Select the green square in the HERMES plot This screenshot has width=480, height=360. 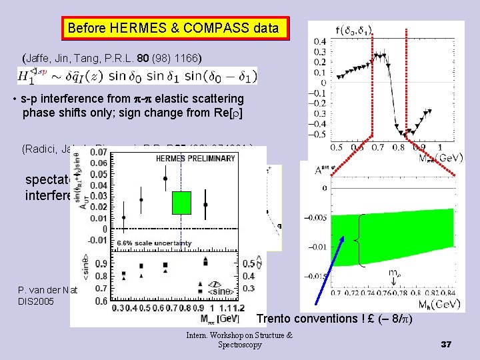181,203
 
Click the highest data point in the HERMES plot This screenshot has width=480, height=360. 165,179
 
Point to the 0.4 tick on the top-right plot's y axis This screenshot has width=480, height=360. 321,41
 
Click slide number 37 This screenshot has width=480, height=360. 447,344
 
